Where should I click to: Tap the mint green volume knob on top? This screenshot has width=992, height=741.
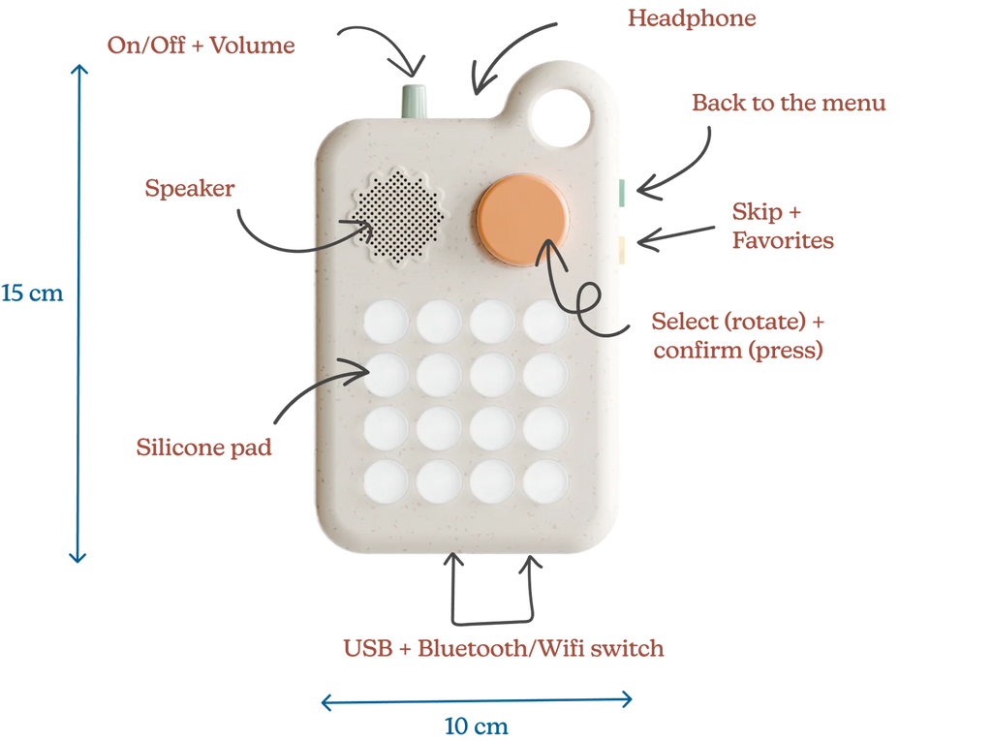415,100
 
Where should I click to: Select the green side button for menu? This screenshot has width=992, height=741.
623,191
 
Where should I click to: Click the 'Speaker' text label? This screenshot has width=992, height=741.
189,188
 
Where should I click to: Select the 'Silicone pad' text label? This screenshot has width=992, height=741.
203,448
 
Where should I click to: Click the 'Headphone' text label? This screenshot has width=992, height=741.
692,18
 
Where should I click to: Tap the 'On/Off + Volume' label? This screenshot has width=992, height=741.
201,46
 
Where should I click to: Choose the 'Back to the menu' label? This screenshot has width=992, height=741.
789,104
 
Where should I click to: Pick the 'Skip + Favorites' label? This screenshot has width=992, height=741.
783,227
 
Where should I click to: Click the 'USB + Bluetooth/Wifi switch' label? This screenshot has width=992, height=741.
504,648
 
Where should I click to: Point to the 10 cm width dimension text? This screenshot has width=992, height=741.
477,726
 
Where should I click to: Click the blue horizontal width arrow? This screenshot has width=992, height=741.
477,699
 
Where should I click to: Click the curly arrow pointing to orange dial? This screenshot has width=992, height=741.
581,295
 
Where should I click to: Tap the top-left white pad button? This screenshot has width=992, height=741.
386,322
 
